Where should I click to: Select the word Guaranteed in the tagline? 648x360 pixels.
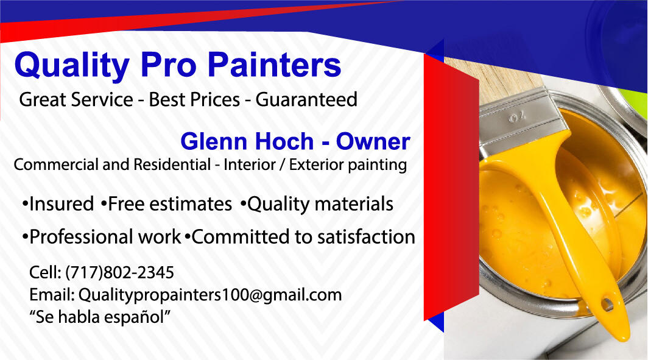[306, 99]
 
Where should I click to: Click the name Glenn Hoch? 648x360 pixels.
[246, 142]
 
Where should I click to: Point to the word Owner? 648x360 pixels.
[373, 142]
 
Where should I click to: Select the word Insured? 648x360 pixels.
[61, 204]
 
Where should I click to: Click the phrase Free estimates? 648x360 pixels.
[169, 204]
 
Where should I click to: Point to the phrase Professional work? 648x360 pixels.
[105, 237]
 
